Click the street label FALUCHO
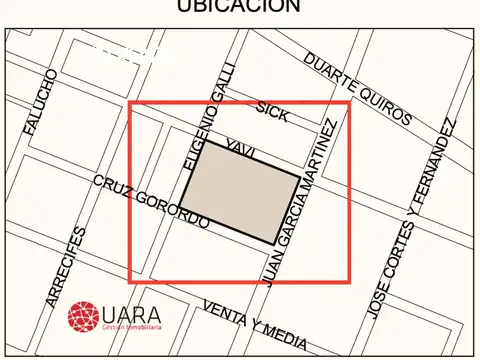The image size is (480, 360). pos(41,103)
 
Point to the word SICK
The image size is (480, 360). pos(273,112)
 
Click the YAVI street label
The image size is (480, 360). pos(241,149)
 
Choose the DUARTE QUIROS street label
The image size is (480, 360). pos(357,90)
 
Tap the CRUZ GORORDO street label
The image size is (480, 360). pos(151,201)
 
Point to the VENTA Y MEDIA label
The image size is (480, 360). pos(254,321)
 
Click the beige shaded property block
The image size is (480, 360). pos(240,192)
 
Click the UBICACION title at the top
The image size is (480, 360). pos(239,7)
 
